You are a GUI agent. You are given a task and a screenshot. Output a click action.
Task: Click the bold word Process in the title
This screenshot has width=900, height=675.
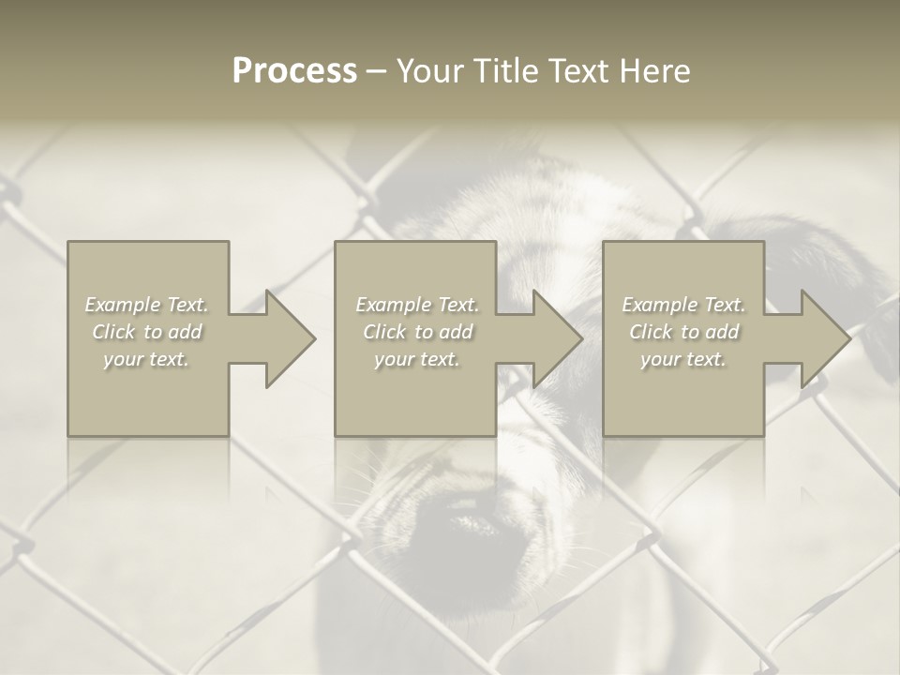pyautogui.click(x=294, y=71)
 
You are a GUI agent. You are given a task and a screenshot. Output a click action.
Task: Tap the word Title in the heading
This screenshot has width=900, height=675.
pyautogui.click(x=507, y=71)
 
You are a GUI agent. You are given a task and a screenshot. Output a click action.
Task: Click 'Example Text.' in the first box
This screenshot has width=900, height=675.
pyautogui.click(x=147, y=305)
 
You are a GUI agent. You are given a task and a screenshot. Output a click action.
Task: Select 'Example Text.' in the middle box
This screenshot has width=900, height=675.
pyautogui.click(x=417, y=305)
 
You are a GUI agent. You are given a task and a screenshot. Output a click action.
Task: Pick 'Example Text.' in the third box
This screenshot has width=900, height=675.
pyautogui.click(x=683, y=305)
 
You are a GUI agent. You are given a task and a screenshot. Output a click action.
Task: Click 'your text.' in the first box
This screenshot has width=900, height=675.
pyautogui.click(x=147, y=359)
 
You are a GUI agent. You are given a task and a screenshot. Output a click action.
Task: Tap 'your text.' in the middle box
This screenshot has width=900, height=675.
pyautogui.click(x=417, y=359)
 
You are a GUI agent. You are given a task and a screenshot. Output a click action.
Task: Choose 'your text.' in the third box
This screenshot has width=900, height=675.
pyautogui.click(x=683, y=359)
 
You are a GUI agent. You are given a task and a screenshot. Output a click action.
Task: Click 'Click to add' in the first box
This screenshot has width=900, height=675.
pyautogui.click(x=147, y=332)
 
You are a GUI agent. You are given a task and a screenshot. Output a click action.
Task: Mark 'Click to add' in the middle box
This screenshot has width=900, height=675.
pyautogui.click(x=417, y=332)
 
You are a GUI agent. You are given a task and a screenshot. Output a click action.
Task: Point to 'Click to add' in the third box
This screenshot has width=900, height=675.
pyautogui.click(x=683, y=332)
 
